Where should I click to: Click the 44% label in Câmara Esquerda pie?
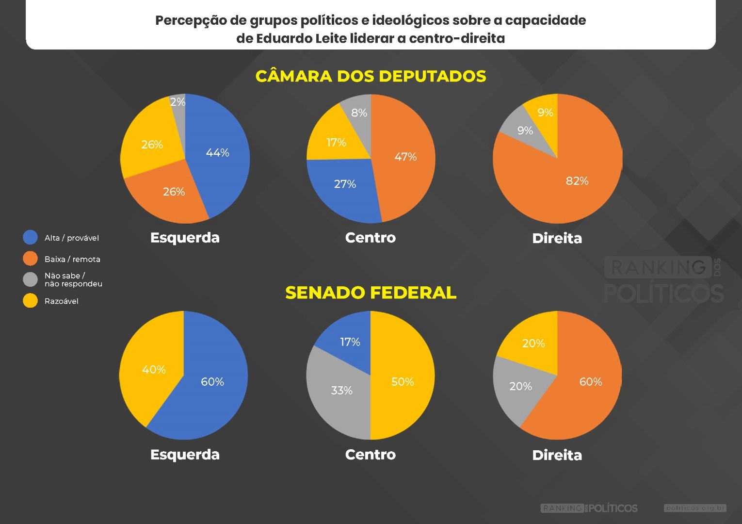(217, 153)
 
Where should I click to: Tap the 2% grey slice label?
(178, 102)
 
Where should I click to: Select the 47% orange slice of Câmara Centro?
(405, 157)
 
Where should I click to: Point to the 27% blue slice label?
(345, 184)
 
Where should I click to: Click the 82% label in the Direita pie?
(577, 181)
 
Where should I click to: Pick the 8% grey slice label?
(359, 113)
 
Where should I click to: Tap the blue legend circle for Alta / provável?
(30, 237)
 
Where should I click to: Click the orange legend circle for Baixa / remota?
(30, 259)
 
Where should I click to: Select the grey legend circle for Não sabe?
(30, 279)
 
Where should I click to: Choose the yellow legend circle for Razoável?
(30, 301)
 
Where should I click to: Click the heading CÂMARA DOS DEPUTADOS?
(371, 76)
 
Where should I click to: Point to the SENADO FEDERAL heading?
(371, 293)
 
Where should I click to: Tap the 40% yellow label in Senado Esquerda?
(154, 370)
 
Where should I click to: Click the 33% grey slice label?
(341, 391)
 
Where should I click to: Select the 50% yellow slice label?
(403, 382)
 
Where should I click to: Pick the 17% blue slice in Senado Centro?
(350, 342)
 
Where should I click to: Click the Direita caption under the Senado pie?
(557, 455)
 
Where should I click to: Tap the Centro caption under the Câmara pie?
(370, 238)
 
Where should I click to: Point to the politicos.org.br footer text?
(695, 508)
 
